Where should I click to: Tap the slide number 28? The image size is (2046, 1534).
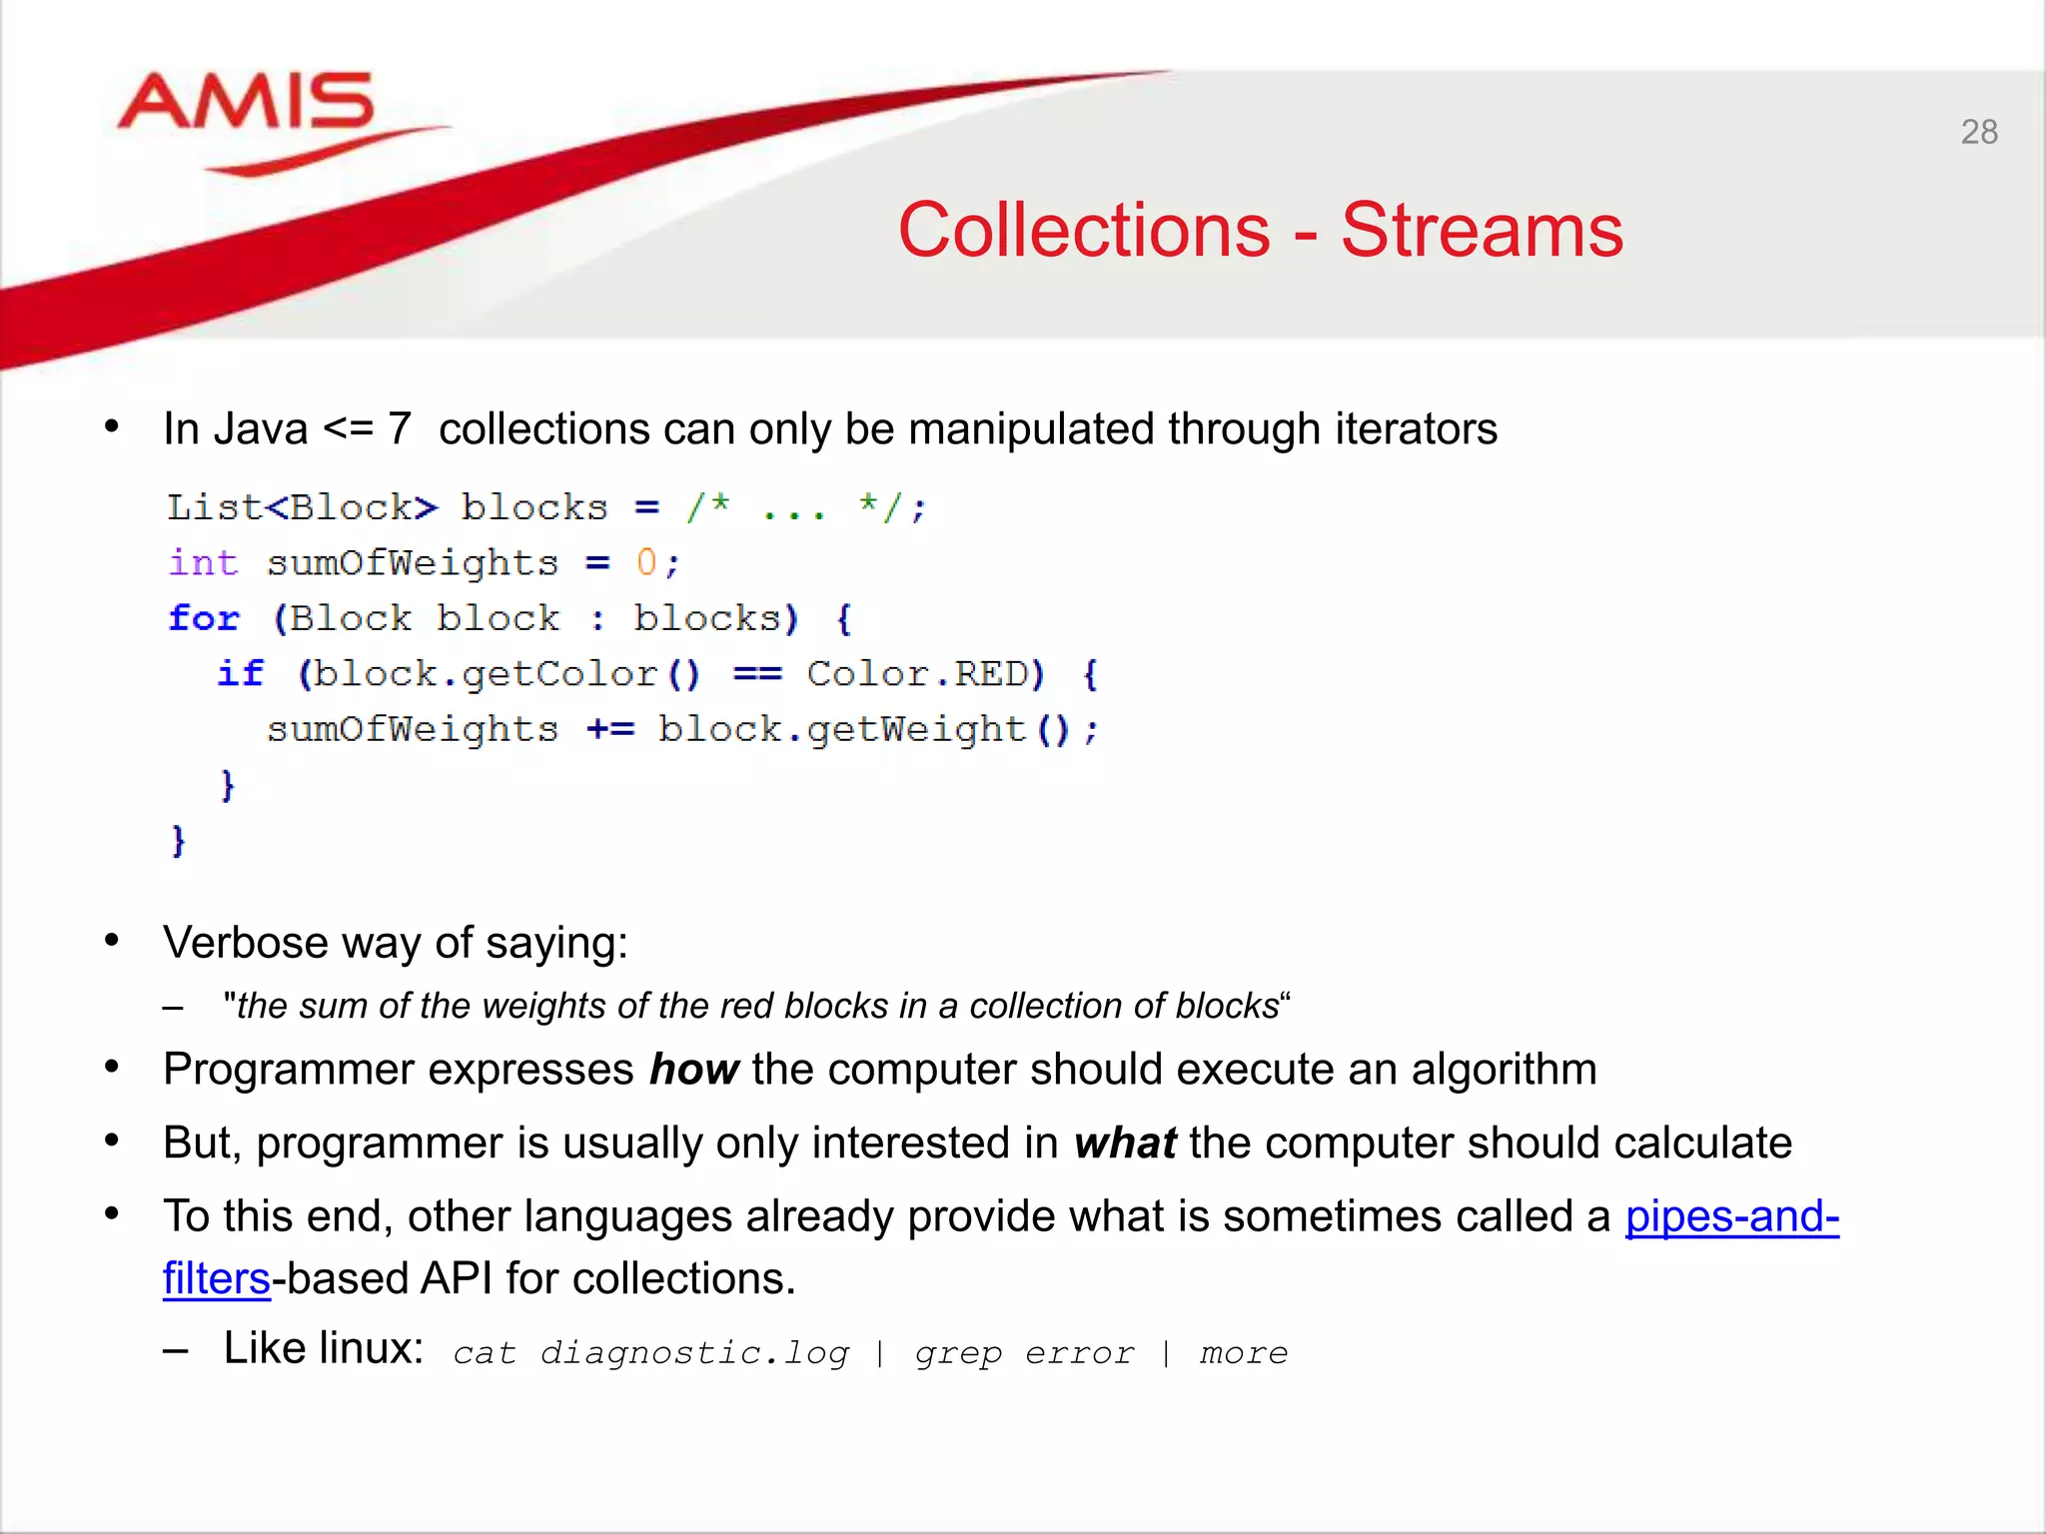coord(1978,133)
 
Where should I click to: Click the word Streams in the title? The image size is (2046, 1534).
coord(1482,231)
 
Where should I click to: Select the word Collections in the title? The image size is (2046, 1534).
coord(1084,231)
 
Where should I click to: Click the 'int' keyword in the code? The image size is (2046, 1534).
coord(203,562)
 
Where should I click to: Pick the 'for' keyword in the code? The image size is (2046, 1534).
coord(204,618)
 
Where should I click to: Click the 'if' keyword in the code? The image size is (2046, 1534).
coord(241,674)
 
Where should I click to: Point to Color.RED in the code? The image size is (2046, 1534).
coord(924,674)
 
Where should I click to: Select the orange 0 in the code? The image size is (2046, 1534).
coord(646,562)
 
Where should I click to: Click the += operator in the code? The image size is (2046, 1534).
coord(610,730)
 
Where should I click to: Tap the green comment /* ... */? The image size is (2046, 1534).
coord(804,507)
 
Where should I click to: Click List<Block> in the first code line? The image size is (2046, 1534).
coord(301,507)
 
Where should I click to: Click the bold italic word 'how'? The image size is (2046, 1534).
coord(693,1070)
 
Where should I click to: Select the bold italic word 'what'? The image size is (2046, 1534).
coord(1125,1144)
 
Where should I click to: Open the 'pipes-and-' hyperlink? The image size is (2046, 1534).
coord(1731,1217)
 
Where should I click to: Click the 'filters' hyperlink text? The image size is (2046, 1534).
coord(216,1279)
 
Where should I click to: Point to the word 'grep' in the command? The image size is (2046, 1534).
coord(957,1354)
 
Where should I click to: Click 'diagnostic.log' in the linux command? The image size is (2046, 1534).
coord(694,1353)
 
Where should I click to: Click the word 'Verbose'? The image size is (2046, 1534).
coord(245,943)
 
